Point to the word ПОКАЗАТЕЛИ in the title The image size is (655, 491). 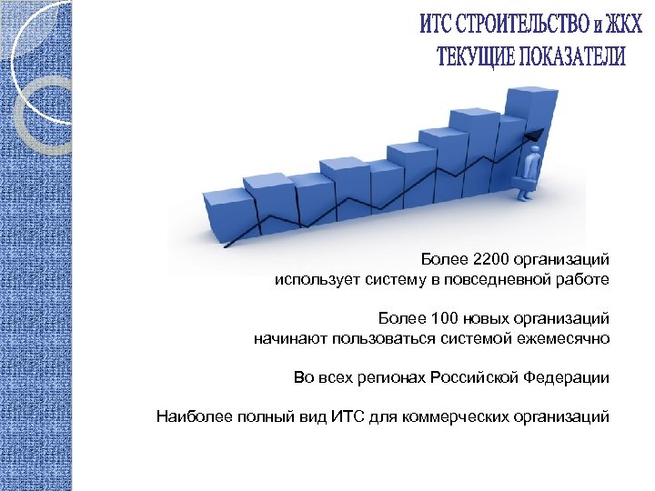573,56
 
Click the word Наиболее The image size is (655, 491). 189,416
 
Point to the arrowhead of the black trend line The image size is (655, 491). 534,135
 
